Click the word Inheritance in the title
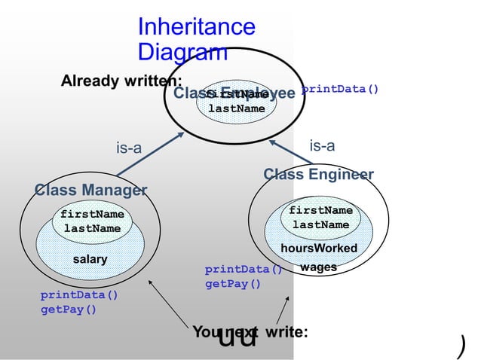(x=196, y=27)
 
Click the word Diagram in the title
(x=182, y=52)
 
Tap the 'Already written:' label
(x=121, y=81)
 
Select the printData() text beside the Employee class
(x=340, y=90)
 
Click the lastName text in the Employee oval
(x=237, y=108)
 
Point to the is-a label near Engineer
(x=323, y=146)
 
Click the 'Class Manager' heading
(x=90, y=189)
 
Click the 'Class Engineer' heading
(x=318, y=175)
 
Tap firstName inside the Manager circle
(x=92, y=215)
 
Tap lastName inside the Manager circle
(x=92, y=228)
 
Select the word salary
(x=90, y=259)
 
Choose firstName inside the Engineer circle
(x=320, y=211)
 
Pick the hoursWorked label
(x=319, y=249)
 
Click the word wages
(x=318, y=267)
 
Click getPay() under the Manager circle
(x=68, y=309)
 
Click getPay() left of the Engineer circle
(x=233, y=284)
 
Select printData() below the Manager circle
(x=79, y=295)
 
